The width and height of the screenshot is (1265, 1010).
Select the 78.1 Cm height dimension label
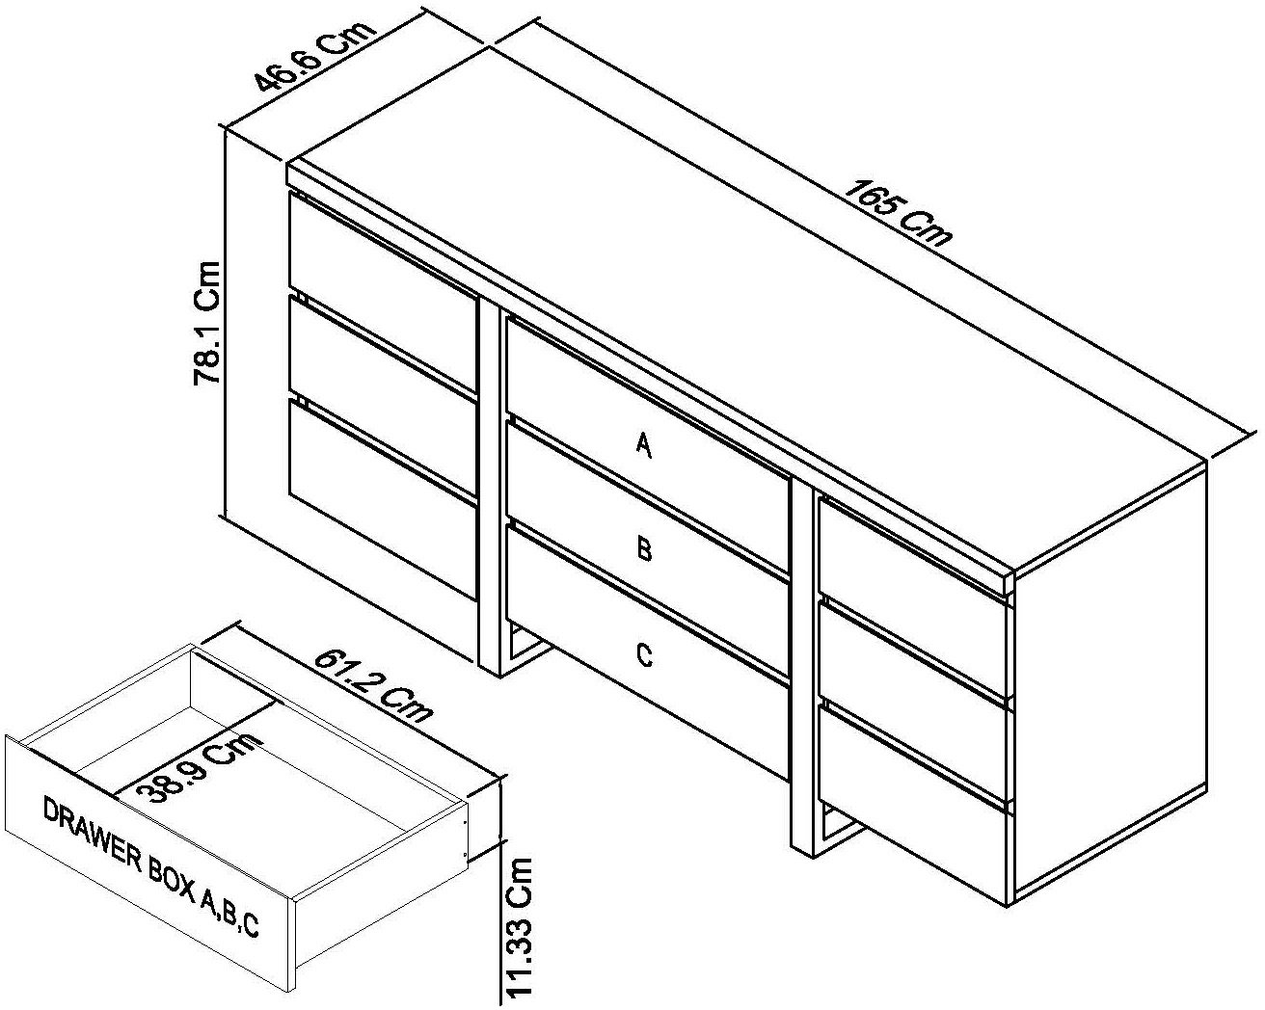pos(208,322)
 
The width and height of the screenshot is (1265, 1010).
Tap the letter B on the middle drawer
pos(644,550)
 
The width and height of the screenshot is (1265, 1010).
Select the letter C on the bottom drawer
pos(644,655)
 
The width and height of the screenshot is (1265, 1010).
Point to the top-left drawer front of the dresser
pos(383,265)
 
